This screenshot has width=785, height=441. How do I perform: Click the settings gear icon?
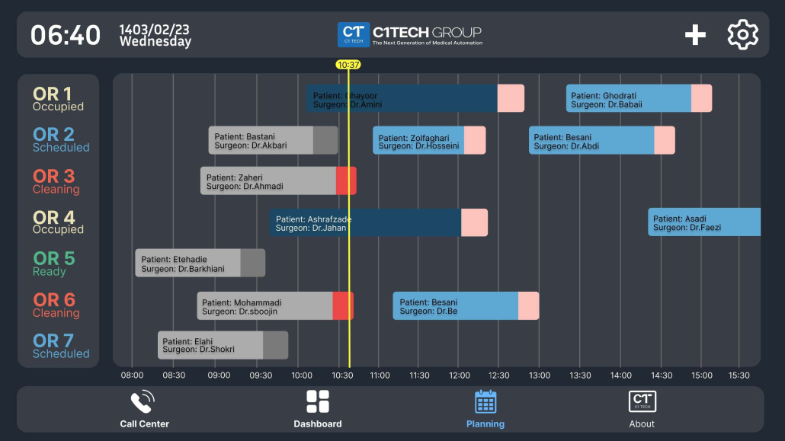(742, 35)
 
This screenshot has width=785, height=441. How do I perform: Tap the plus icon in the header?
(695, 35)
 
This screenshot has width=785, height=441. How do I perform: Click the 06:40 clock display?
(66, 35)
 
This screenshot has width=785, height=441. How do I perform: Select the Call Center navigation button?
(144, 410)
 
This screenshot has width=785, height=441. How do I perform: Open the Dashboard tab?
(318, 410)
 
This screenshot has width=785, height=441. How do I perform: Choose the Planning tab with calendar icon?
(485, 410)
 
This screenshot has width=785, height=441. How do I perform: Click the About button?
(642, 410)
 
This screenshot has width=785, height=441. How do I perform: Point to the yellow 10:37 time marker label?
(348, 65)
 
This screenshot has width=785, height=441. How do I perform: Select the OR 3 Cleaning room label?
(55, 182)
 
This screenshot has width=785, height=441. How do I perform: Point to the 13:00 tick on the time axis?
(539, 375)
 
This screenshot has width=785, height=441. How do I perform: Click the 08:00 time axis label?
(132, 375)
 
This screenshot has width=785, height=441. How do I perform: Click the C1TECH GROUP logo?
(410, 34)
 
